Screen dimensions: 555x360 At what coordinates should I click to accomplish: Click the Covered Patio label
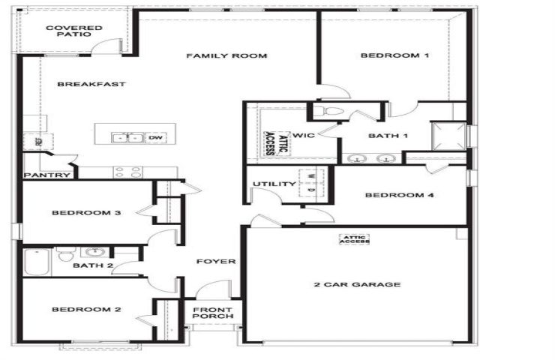pyautogui.click(x=74, y=31)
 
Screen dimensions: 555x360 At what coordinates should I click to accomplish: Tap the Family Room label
pyautogui.click(x=226, y=55)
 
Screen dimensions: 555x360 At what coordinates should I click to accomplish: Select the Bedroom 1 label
pyautogui.click(x=394, y=55)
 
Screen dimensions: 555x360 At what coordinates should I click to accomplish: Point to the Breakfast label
pyautogui.click(x=91, y=84)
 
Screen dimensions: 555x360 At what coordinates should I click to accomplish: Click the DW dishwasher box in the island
pyautogui.click(x=156, y=137)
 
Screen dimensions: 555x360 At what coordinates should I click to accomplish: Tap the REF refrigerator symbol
pyautogui.click(x=38, y=142)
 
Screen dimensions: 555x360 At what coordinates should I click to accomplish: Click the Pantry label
pyautogui.click(x=47, y=175)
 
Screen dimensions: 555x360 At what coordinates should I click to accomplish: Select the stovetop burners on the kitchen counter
pyautogui.click(x=127, y=172)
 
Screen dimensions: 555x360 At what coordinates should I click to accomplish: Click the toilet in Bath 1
pyautogui.click(x=328, y=112)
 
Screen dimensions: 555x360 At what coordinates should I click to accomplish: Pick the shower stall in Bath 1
pyautogui.click(x=448, y=136)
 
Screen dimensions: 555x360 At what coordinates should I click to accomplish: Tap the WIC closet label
pyautogui.click(x=303, y=135)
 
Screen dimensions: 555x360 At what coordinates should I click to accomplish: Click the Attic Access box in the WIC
pyautogui.click(x=277, y=144)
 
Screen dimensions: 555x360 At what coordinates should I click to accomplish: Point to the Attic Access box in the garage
pyautogui.click(x=355, y=239)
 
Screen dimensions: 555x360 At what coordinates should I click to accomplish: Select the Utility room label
pyautogui.click(x=274, y=184)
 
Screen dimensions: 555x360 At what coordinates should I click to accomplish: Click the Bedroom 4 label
pyautogui.click(x=399, y=195)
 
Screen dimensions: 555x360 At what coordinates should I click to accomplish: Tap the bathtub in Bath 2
pyautogui.click(x=37, y=262)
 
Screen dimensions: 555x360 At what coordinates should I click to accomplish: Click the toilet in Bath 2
pyautogui.click(x=67, y=253)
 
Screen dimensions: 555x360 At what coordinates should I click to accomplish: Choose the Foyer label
pyautogui.click(x=216, y=261)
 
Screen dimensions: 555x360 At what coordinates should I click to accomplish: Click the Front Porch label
pyautogui.click(x=213, y=313)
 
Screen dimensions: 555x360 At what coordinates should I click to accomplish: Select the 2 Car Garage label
pyautogui.click(x=357, y=284)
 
